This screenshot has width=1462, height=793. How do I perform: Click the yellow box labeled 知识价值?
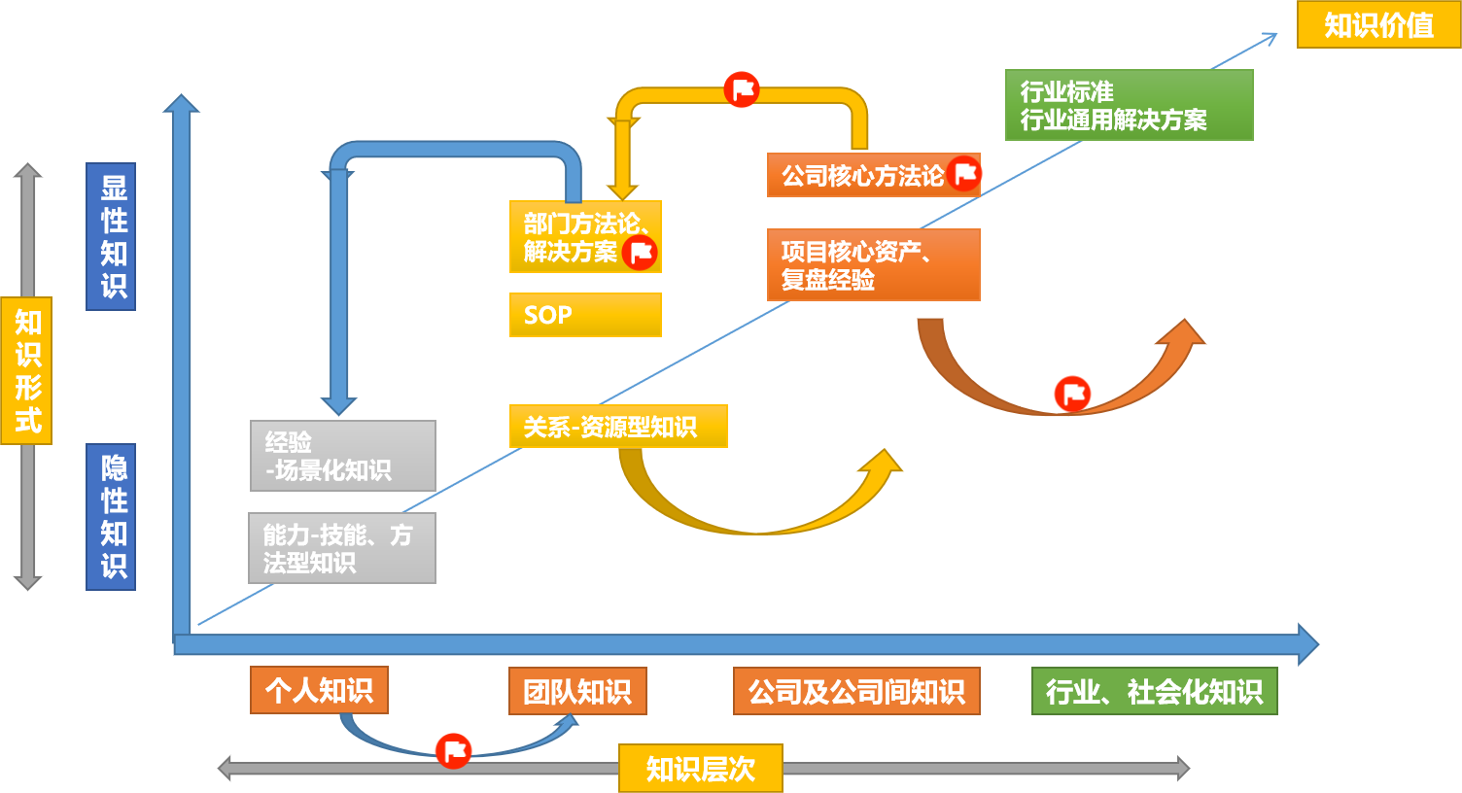coord(1378,25)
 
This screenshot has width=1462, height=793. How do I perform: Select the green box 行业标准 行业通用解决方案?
coord(1129,105)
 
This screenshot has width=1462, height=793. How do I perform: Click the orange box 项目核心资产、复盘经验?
coord(873,265)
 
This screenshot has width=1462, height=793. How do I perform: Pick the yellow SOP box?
coord(585,315)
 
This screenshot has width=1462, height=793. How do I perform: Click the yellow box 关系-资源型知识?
coord(618,427)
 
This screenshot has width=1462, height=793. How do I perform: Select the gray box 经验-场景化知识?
coord(342,456)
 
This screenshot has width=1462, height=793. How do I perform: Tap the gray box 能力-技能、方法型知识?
coord(342,548)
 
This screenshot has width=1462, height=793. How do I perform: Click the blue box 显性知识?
coord(111,237)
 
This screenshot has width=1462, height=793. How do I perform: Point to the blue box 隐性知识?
coord(111,517)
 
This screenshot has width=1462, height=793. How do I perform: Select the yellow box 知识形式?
coord(26,370)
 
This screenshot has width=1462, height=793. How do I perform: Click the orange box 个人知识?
coord(319,690)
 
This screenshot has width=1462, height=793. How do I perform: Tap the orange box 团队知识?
coord(577,691)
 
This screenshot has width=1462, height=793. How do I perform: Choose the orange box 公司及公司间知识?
coord(856,691)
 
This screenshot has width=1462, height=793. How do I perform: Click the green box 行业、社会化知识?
coord(1154,691)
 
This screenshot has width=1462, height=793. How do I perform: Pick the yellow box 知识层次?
coord(700,769)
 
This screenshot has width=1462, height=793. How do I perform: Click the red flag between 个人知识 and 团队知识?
coord(453,750)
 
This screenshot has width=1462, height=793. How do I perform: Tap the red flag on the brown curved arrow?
coord(1072,394)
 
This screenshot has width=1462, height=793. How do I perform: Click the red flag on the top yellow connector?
coord(742,90)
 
